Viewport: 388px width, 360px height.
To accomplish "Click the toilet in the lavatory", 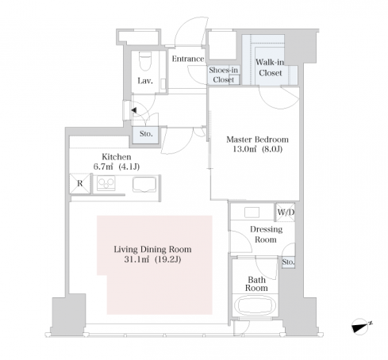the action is tap(145, 61).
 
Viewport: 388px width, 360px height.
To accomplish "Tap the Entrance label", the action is tap(188, 59).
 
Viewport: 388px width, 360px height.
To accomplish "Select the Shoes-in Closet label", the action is tap(224, 75).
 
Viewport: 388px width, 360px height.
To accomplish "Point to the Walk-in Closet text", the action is tap(270, 67).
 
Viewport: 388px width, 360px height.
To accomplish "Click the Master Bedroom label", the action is tap(257, 140).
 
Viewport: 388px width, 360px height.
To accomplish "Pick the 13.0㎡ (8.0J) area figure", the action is tap(257, 149).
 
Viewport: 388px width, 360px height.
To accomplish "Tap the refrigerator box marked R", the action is tap(80, 183).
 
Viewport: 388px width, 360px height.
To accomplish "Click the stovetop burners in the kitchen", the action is tap(106, 183).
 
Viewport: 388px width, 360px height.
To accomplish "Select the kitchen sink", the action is tap(144, 184).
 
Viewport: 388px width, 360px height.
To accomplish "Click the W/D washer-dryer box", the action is tap(286, 212).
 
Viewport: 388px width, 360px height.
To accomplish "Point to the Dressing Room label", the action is tap(266, 234).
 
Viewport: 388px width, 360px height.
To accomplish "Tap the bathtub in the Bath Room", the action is tap(255, 305).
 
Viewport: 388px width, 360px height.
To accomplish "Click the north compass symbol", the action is tap(360, 327).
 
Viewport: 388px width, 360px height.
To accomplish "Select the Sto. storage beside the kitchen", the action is tap(146, 135).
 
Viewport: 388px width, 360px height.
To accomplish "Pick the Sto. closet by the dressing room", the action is tap(288, 262).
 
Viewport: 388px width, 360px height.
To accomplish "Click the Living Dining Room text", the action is tap(152, 249).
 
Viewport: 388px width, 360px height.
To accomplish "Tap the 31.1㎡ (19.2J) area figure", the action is tap(152, 259).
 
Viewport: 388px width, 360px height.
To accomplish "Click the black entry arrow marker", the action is tap(134, 110).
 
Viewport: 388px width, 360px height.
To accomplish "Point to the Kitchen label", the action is tap(117, 157).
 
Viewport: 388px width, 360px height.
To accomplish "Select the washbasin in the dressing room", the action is tap(252, 213).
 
